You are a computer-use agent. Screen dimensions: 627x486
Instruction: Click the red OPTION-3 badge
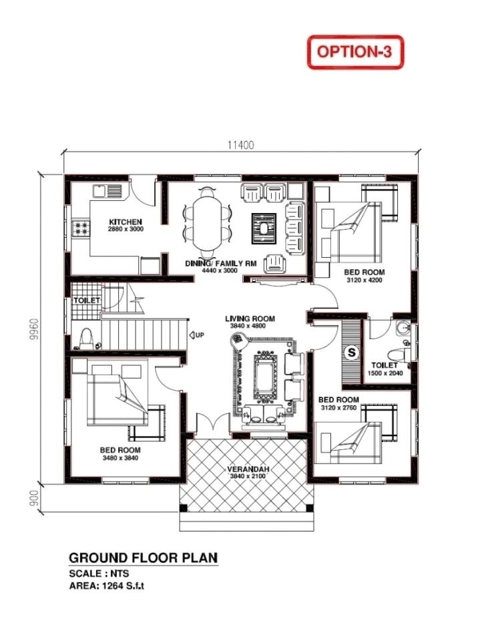coord(355,51)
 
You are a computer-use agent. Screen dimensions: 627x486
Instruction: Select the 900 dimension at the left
coord(33,497)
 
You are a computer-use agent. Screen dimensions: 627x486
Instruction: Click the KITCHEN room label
coord(126,221)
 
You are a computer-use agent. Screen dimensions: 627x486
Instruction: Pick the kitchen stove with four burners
coord(83,228)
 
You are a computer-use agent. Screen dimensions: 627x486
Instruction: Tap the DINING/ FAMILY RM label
coord(221,264)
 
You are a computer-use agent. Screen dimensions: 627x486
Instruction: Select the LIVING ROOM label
coord(250,319)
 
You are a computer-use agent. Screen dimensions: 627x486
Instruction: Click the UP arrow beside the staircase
coord(197,335)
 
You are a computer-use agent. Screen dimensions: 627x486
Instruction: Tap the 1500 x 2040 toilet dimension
coord(385,373)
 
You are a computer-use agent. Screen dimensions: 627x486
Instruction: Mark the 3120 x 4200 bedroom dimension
coord(364,280)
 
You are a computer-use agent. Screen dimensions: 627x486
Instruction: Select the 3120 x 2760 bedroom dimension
coord(338,407)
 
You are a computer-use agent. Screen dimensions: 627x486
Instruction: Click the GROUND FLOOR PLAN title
coord(143,558)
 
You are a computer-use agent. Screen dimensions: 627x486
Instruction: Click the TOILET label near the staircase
coord(87,300)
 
